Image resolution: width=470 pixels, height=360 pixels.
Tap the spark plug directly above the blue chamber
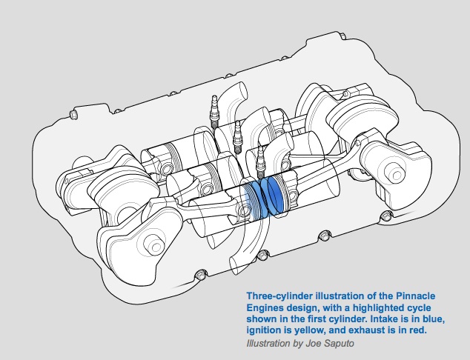tap(261, 162)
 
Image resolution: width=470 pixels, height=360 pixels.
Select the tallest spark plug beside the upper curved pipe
tap(214, 112)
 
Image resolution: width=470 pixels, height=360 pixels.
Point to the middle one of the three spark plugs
tap(237, 137)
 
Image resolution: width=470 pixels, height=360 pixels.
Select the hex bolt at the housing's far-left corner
tap(73, 115)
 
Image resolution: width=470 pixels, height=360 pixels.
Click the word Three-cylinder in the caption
tap(279, 296)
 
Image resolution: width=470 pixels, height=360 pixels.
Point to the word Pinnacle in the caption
tap(416, 296)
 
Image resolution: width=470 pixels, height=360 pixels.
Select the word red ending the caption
tap(419, 330)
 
